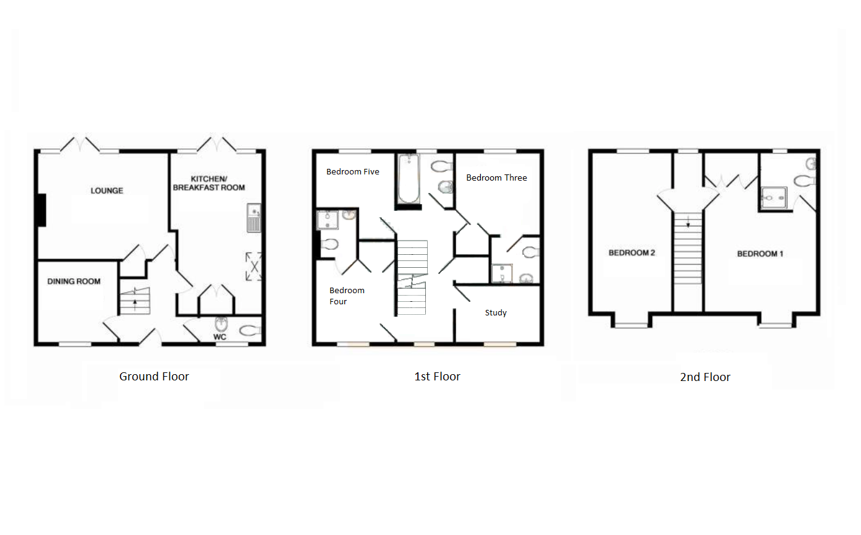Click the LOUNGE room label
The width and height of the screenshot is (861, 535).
click(107, 190)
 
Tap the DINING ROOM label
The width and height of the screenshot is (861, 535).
click(74, 281)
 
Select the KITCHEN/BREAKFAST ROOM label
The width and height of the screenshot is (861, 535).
click(209, 183)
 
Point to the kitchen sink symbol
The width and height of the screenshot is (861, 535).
click(254, 218)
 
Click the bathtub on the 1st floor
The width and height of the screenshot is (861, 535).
click(408, 179)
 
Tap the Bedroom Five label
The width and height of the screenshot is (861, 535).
click(353, 171)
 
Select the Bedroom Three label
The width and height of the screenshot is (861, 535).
click(496, 178)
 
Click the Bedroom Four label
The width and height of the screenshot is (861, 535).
click(346, 296)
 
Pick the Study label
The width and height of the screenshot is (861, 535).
click(496, 312)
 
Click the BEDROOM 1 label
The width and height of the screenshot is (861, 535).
click(760, 254)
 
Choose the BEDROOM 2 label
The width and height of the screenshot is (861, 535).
click(632, 252)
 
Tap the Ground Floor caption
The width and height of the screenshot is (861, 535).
click(154, 376)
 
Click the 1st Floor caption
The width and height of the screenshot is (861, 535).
click(437, 376)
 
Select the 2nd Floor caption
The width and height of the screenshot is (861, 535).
click(705, 377)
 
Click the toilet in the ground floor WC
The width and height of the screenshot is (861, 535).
click(249, 330)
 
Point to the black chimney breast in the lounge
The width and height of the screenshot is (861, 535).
click(41, 210)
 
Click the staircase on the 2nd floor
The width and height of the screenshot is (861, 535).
click(687, 248)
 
